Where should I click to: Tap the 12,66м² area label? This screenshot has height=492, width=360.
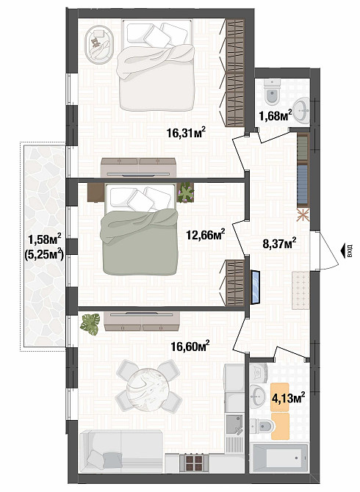(x=206, y=234)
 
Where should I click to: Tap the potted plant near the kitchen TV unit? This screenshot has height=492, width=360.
(x=91, y=323)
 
